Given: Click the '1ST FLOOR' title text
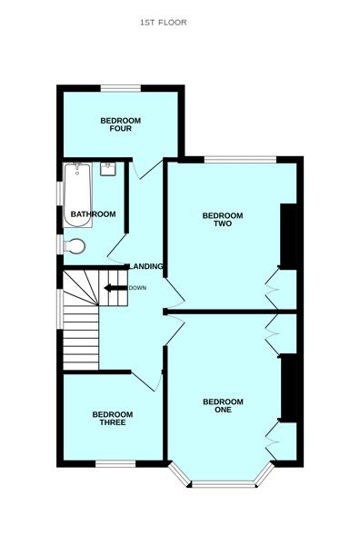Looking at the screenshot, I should tap(164, 23).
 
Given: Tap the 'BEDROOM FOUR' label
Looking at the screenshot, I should tap(120, 125).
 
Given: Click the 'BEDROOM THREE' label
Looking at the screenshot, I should tap(114, 419).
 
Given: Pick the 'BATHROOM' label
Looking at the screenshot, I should tap(93, 214).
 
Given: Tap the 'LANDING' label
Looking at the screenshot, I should tap(148, 266).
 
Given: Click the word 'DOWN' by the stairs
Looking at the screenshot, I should tap(137, 288).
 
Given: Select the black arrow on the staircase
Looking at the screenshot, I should tap(115, 289).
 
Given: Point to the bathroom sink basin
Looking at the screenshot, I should tap(108, 169).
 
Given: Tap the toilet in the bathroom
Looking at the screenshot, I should tap(75, 245).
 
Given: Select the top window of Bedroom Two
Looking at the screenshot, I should tap(240, 160).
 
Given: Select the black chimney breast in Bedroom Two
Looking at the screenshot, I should tap(288, 236).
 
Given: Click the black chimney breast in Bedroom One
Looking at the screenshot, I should tap(288, 389).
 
